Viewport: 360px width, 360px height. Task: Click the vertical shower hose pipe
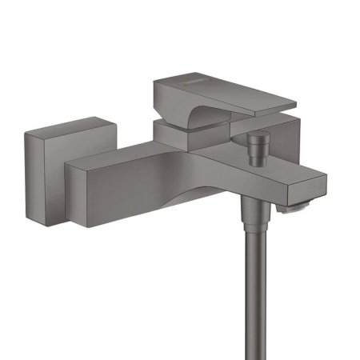tap(255, 288)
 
